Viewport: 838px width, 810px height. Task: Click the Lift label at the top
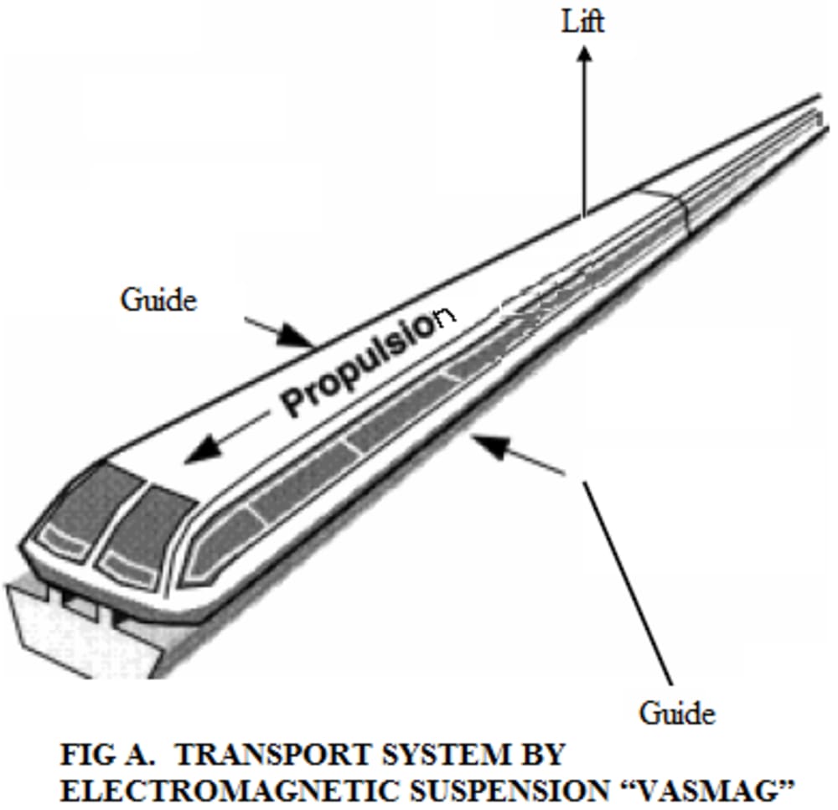click(583, 21)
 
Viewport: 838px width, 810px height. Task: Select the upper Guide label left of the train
click(159, 299)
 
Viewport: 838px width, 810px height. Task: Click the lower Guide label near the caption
click(677, 713)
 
